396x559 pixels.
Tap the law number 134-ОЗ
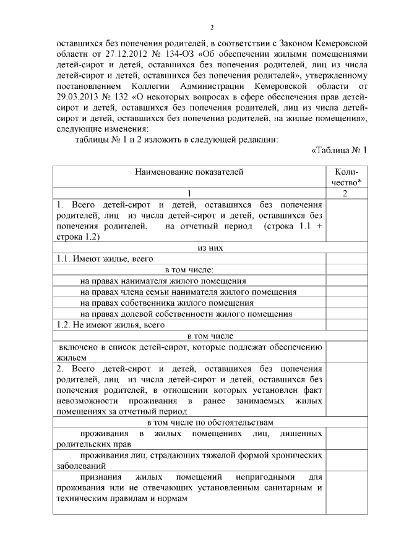pyautogui.click(x=167, y=54)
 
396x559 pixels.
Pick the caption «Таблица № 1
pyautogui.click(x=339, y=150)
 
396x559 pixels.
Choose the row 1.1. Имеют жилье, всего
pyautogui.click(x=105, y=259)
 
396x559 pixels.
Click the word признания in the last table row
pyautogui.click(x=102, y=477)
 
